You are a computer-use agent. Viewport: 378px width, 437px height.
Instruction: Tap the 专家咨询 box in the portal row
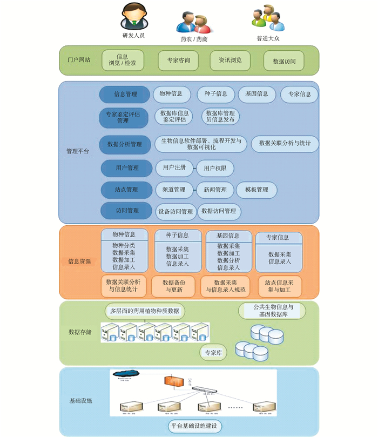click(x=178, y=60)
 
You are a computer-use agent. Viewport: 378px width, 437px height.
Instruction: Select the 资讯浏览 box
click(x=230, y=60)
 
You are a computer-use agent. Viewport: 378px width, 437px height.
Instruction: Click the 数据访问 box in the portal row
click(x=285, y=61)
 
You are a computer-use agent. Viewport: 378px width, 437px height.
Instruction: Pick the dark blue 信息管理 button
click(x=125, y=95)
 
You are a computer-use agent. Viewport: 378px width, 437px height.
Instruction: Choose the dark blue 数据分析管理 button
click(x=125, y=144)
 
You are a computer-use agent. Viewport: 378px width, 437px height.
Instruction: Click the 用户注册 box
click(x=174, y=168)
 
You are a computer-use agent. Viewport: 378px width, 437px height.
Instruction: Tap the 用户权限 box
click(x=215, y=169)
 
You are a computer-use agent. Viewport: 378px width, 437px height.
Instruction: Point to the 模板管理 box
click(x=256, y=190)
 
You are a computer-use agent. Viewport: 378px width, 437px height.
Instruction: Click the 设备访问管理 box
click(x=175, y=212)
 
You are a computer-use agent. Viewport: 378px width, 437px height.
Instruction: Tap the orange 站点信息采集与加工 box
click(x=280, y=286)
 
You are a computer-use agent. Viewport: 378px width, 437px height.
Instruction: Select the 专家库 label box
click(x=214, y=353)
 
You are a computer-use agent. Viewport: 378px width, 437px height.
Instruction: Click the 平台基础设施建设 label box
click(x=195, y=426)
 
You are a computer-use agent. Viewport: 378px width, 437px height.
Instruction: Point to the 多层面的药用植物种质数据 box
click(x=144, y=311)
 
